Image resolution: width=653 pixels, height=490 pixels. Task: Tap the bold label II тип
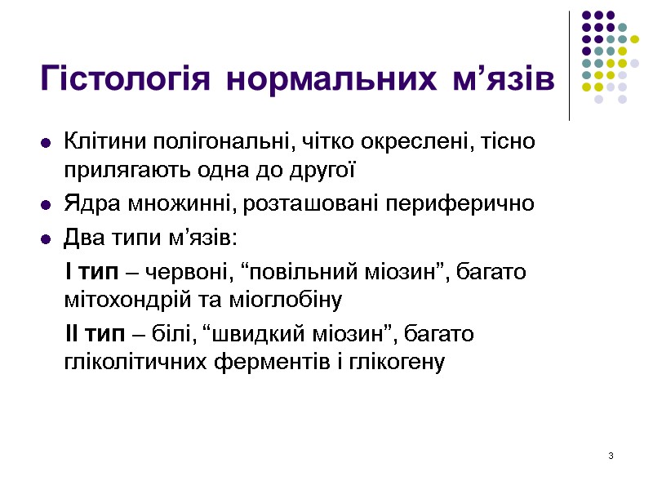tap(93, 333)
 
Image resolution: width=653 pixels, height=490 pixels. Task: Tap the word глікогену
tap(398, 363)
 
